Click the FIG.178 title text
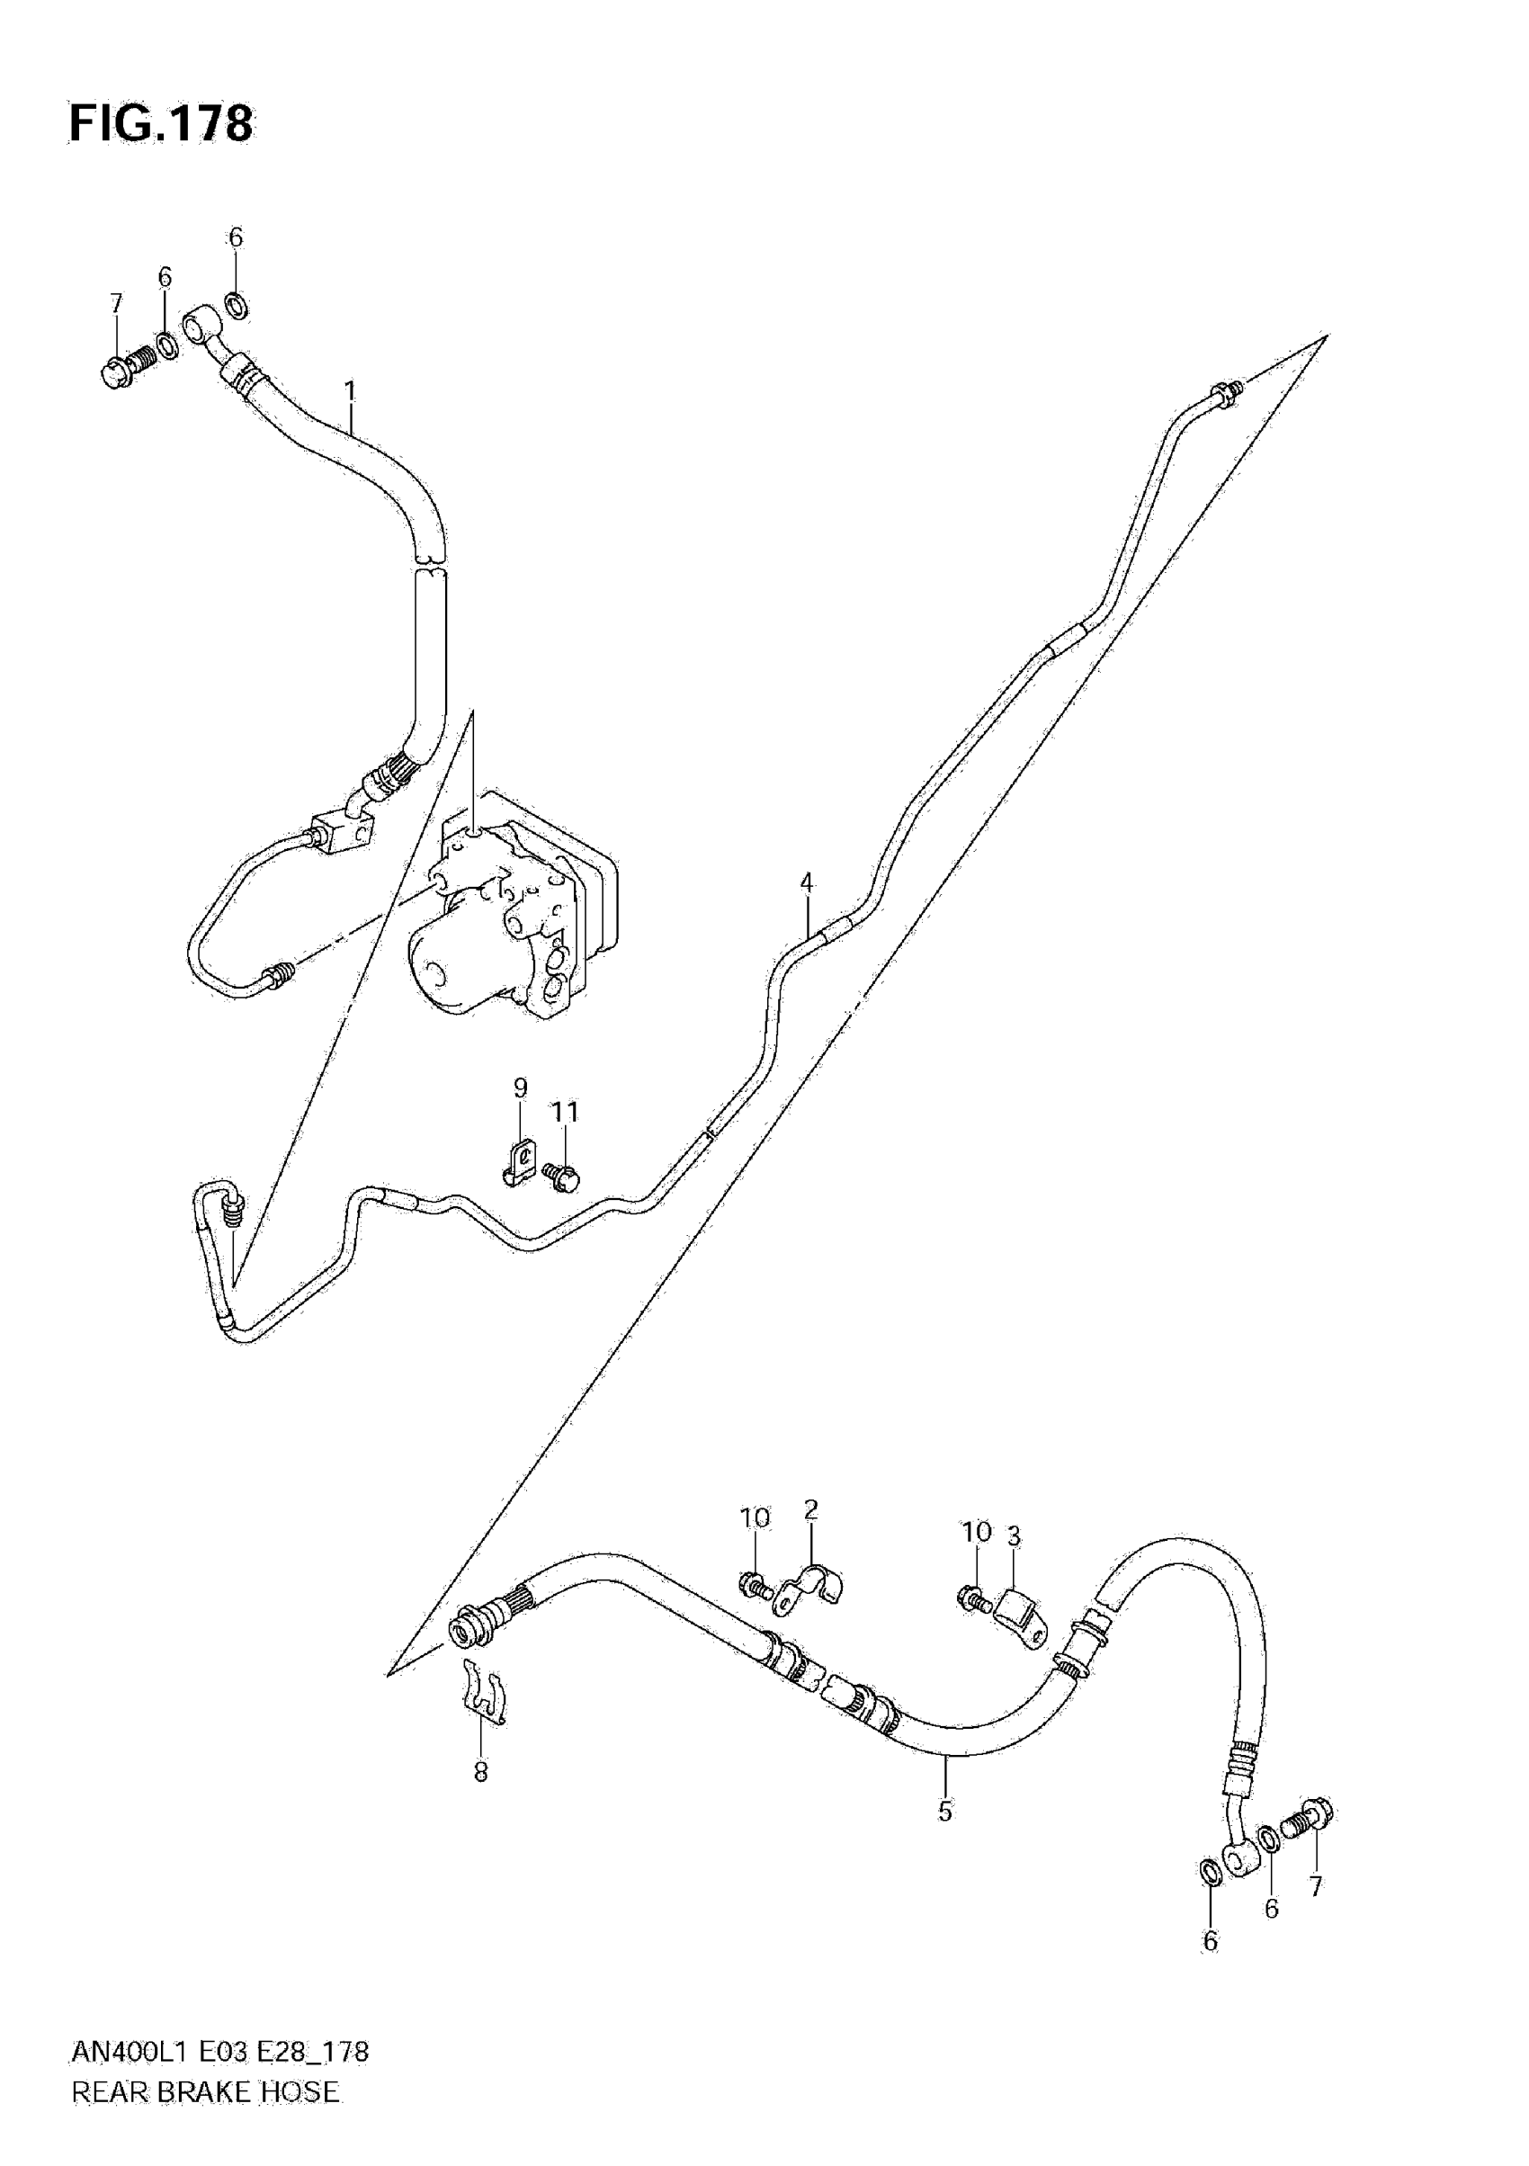pyautogui.click(x=161, y=123)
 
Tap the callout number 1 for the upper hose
pyautogui.click(x=350, y=389)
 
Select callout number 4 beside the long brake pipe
pyautogui.click(x=806, y=883)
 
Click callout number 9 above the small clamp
pyautogui.click(x=520, y=1087)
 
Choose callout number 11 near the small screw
pyautogui.click(x=564, y=1113)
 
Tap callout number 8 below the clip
pyautogui.click(x=480, y=1773)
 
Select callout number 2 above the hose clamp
pyautogui.click(x=810, y=1510)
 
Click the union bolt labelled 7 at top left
pyautogui.click(x=124, y=366)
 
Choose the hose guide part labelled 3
pyautogui.click(x=1021, y=1610)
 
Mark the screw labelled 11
pyautogui.click(x=562, y=1176)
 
